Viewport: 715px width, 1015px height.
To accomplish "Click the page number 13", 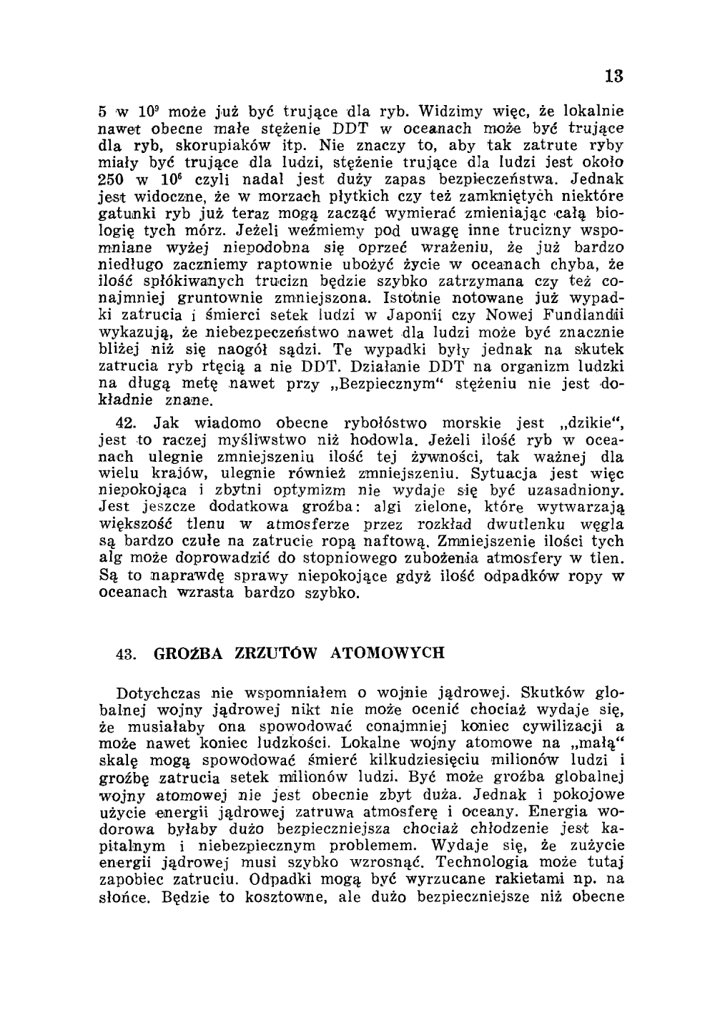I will coord(613,75).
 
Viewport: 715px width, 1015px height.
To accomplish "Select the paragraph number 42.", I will coord(127,422).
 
